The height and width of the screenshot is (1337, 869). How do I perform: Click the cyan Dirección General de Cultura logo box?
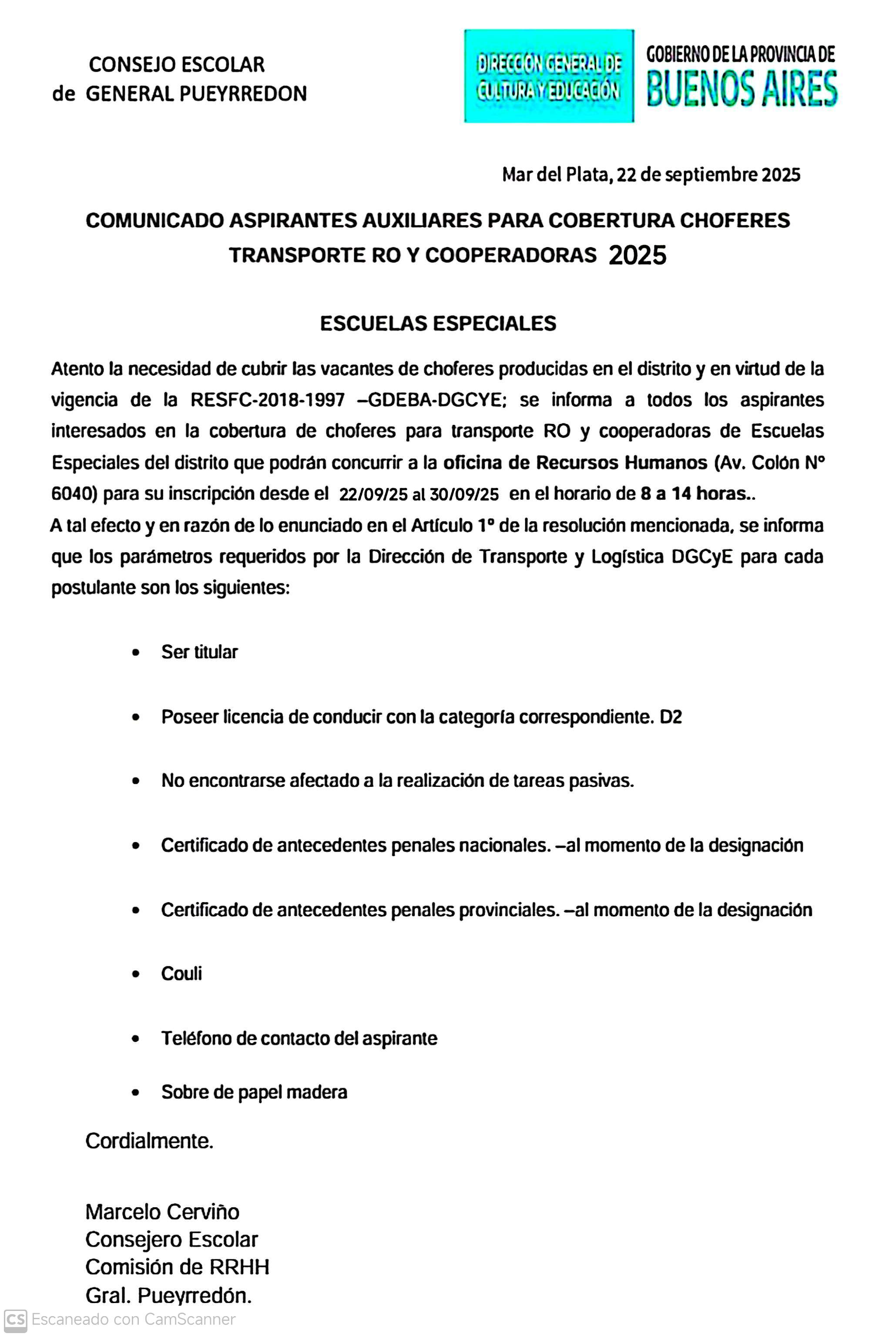(x=548, y=76)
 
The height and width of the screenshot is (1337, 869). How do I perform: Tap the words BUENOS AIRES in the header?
(x=742, y=89)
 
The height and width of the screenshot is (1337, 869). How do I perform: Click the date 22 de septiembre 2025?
(x=708, y=175)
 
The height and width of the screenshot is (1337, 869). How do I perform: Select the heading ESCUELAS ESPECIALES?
(x=438, y=323)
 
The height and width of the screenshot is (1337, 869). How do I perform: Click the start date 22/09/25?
(x=373, y=494)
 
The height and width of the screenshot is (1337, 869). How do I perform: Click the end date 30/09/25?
(x=464, y=494)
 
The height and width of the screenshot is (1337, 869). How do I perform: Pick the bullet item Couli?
(x=181, y=974)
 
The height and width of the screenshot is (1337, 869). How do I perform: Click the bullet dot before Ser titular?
(x=135, y=653)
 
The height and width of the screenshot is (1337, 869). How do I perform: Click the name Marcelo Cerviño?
(x=162, y=1212)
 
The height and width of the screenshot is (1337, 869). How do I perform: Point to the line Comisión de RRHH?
(x=178, y=1267)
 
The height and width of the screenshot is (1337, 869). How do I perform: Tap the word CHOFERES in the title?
(x=735, y=220)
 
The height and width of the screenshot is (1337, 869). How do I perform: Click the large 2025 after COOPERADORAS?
(x=637, y=255)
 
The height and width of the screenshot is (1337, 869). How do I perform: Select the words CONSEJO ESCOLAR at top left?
(x=176, y=64)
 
